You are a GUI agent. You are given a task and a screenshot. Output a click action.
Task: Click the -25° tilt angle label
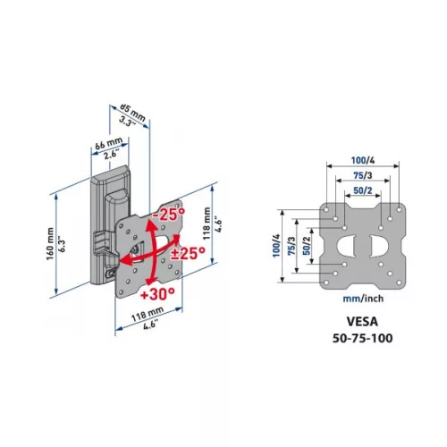(x=169, y=214)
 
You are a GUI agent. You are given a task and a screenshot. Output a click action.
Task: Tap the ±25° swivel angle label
(x=189, y=254)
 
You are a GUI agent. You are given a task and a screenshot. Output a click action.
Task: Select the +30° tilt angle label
(x=157, y=294)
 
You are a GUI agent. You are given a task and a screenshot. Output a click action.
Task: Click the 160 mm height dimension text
(x=50, y=244)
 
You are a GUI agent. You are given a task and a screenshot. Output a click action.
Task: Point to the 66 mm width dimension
(x=109, y=143)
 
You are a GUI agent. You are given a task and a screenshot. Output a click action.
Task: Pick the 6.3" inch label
(x=62, y=244)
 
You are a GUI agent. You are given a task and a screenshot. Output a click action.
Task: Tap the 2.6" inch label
(x=112, y=156)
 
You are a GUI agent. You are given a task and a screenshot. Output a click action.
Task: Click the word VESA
(x=362, y=322)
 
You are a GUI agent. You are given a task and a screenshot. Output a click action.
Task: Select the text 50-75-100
(x=362, y=338)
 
